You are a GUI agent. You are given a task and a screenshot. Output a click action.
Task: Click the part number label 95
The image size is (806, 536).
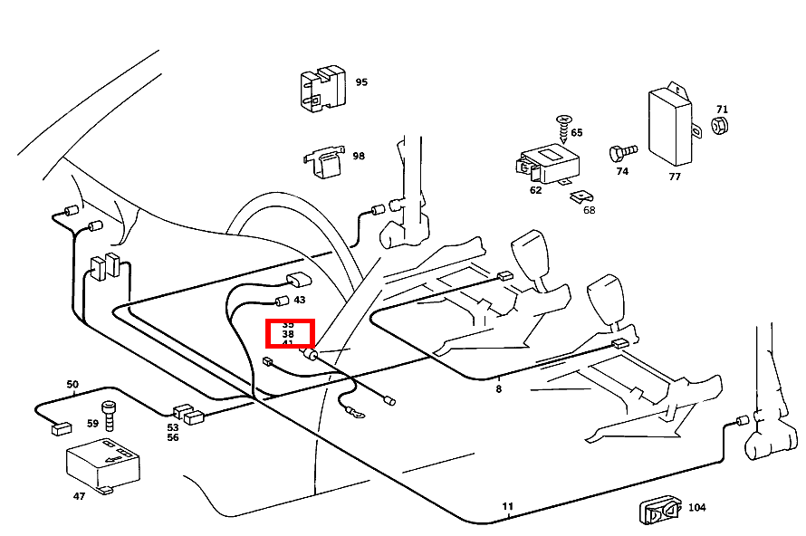click(x=361, y=82)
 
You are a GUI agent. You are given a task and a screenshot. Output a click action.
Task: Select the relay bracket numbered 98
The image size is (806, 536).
click(x=324, y=161)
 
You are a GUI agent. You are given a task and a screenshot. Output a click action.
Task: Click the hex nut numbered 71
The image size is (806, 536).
click(x=721, y=124)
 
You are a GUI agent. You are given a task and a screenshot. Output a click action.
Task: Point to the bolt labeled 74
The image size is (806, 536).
click(x=623, y=149)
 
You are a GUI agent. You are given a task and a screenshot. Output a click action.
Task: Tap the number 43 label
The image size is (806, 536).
click(x=300, y=300)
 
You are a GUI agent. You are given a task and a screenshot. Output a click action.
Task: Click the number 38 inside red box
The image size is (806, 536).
click(x=288, y=334)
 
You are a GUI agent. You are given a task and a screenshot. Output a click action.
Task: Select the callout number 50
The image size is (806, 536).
click(x=72, y=385)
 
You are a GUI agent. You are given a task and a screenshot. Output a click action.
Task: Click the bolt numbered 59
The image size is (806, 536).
click(x=109, y=416)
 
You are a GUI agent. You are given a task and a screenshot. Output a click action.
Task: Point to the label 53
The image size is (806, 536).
click(x=172, y=426)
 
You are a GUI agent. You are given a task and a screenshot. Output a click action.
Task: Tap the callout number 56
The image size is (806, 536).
click(x=172, y=437)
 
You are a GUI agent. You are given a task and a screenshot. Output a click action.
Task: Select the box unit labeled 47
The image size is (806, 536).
click(x=101, y=464)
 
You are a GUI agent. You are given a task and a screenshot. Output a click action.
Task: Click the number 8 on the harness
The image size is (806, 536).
click(x=498, y=389)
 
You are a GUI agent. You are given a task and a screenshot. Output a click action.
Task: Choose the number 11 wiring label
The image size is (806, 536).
click(x=508, y=506)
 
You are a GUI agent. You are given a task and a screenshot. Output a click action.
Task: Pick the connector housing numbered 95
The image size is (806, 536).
click(x=322, y=89)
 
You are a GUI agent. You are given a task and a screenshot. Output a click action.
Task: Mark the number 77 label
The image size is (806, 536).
click(x=675, y=177)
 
